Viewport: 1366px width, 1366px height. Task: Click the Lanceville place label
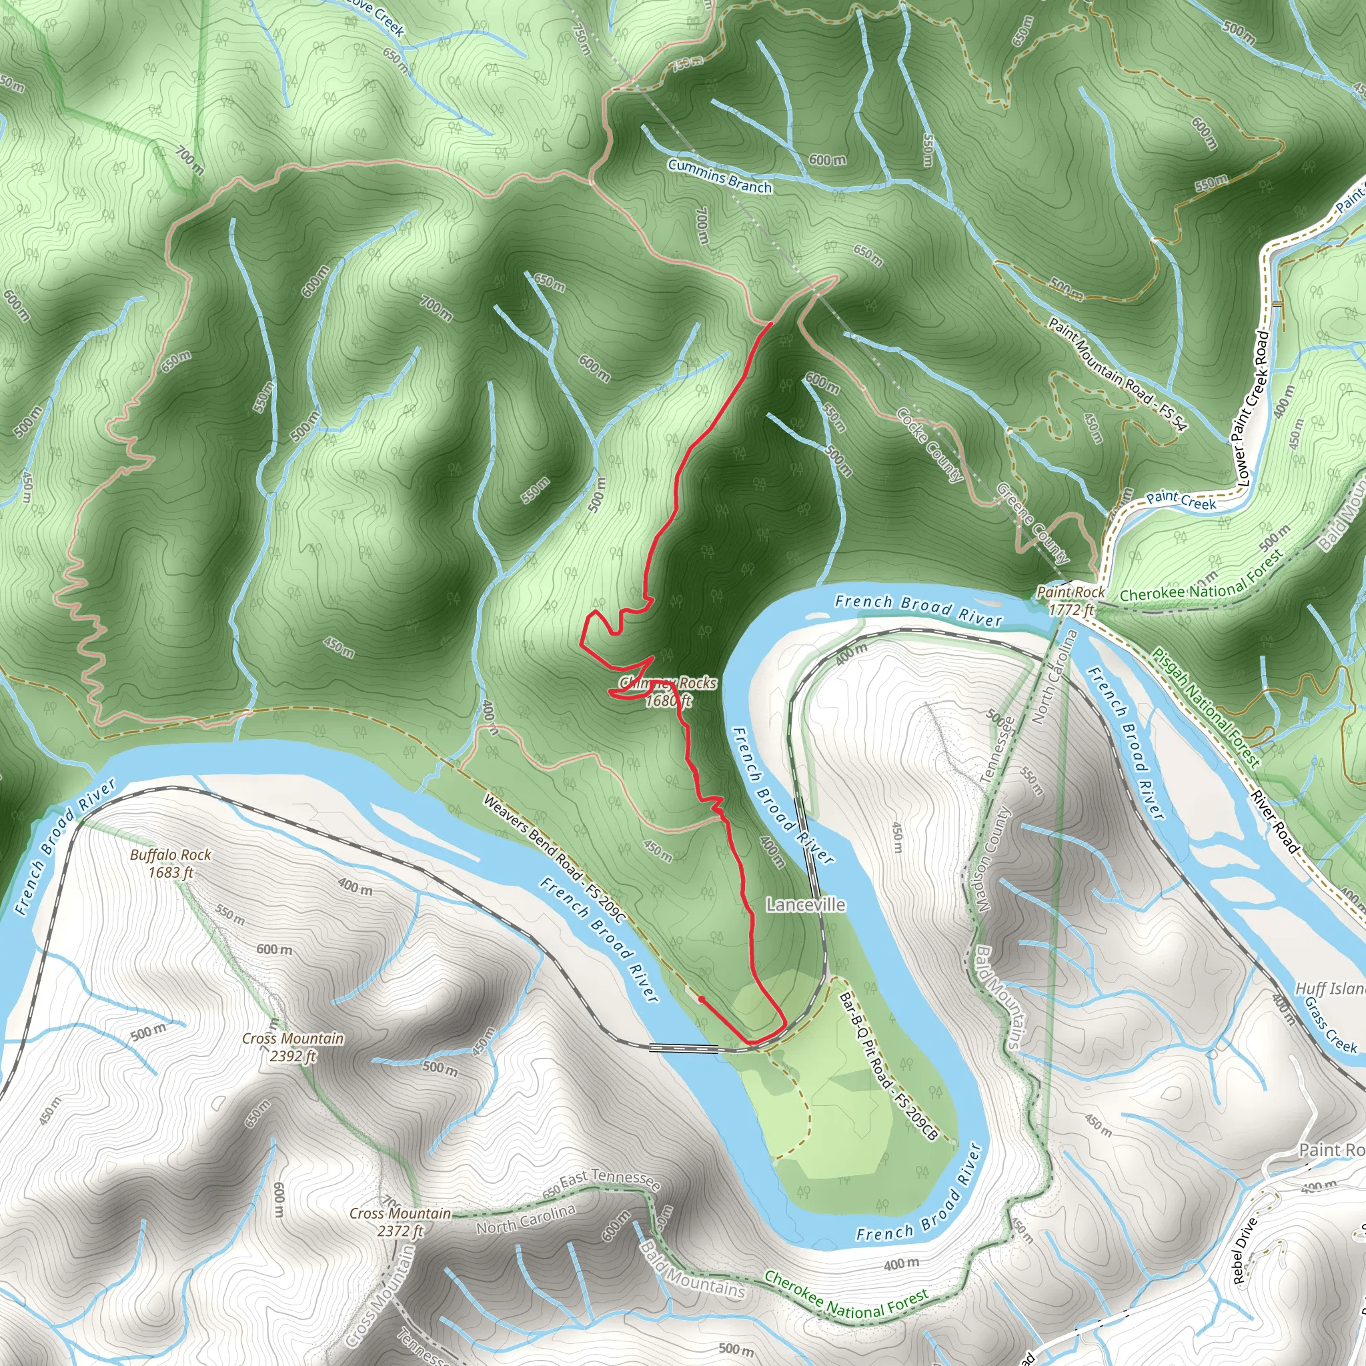(805, 904)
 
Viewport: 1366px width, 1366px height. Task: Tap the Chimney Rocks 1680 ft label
(668, 692)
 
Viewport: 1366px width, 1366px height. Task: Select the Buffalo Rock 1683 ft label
(170, 863)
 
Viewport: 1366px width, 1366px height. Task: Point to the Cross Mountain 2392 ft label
(293, 1047)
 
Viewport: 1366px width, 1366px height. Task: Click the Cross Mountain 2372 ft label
(400, 1222)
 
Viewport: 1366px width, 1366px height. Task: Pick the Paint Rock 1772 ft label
(1071, 600)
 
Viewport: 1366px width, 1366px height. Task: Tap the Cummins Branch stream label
(719, 175)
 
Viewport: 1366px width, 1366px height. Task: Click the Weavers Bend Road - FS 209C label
(554, 858)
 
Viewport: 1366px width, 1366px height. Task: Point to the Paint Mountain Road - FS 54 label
(1117, 374)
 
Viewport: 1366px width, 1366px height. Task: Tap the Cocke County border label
(929, 445)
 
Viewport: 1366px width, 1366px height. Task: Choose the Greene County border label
(1033, 522)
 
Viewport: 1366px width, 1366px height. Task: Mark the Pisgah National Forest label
(1206, 708)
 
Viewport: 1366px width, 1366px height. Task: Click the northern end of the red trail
(770, 323)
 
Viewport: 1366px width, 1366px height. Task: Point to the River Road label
(1274, 821)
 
